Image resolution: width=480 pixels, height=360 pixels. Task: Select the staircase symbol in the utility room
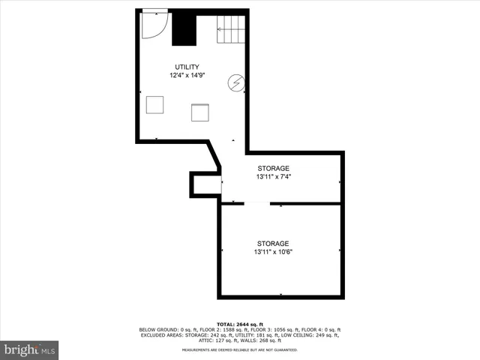pos(232,28)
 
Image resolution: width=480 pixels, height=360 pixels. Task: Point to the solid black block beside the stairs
pos(183,28)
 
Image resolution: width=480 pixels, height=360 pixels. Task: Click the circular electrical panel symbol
pos(236,83)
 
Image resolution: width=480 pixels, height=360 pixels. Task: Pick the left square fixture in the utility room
pos(155,104)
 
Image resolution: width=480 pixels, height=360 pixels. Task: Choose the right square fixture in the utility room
pos(200,112)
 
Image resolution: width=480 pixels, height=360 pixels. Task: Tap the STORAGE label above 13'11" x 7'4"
pos(273,168)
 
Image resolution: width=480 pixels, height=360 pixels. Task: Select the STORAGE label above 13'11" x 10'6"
pos(273,244)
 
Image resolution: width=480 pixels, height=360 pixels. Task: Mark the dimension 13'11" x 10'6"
pos(273,252)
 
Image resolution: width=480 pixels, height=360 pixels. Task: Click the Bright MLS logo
pos(29,349)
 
